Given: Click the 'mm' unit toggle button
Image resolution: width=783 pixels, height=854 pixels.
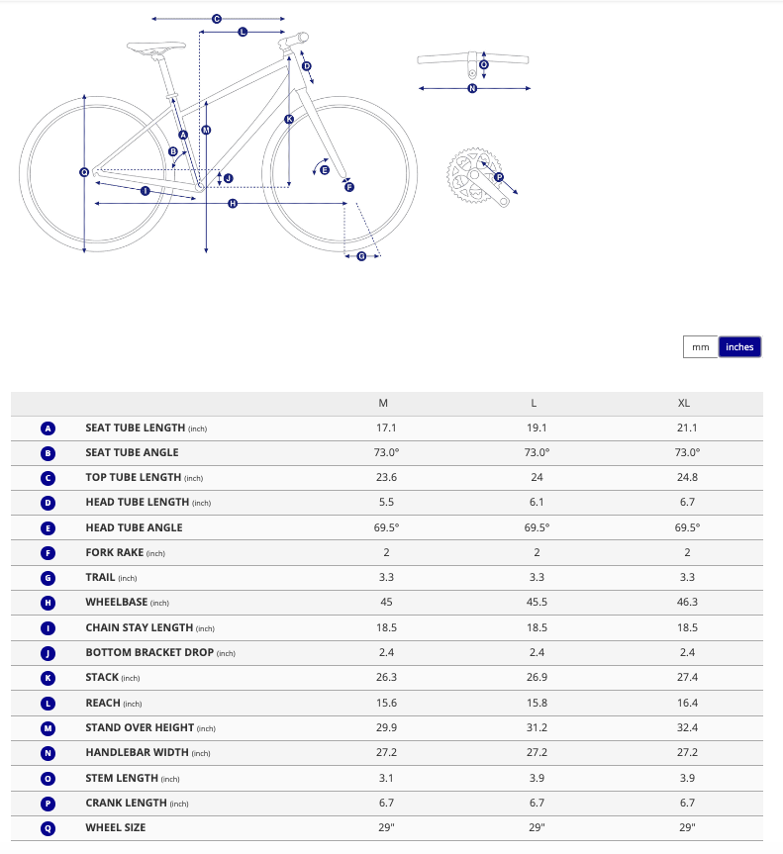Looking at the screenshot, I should (701, 346).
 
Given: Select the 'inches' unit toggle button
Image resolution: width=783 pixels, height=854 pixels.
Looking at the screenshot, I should (739, 346).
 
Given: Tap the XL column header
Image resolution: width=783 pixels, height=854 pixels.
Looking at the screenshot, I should (684, 403).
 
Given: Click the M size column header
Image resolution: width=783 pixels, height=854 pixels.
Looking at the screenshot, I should (384, 403).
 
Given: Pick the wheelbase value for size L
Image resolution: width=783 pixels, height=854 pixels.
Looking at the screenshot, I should (536, 602).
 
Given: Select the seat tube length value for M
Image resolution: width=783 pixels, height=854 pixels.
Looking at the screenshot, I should (384, 427).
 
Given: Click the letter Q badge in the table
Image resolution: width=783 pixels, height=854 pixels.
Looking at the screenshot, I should (48, 827).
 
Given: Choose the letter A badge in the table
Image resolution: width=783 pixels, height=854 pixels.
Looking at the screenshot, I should (48, 428).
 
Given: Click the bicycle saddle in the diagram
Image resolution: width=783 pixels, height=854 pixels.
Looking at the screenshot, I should (156, 46).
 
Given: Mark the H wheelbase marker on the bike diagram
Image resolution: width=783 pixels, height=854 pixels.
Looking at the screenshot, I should (233, 204).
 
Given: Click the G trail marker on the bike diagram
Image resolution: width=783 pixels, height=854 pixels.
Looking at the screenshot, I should (361, 256).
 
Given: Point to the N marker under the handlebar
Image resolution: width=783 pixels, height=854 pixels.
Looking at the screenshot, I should (472, 88).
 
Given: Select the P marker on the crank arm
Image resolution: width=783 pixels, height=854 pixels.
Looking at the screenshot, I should (499, 178).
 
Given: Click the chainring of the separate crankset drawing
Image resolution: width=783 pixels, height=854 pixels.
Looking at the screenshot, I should (467, 175).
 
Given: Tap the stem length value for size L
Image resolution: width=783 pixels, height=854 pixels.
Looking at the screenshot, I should (536, 777).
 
